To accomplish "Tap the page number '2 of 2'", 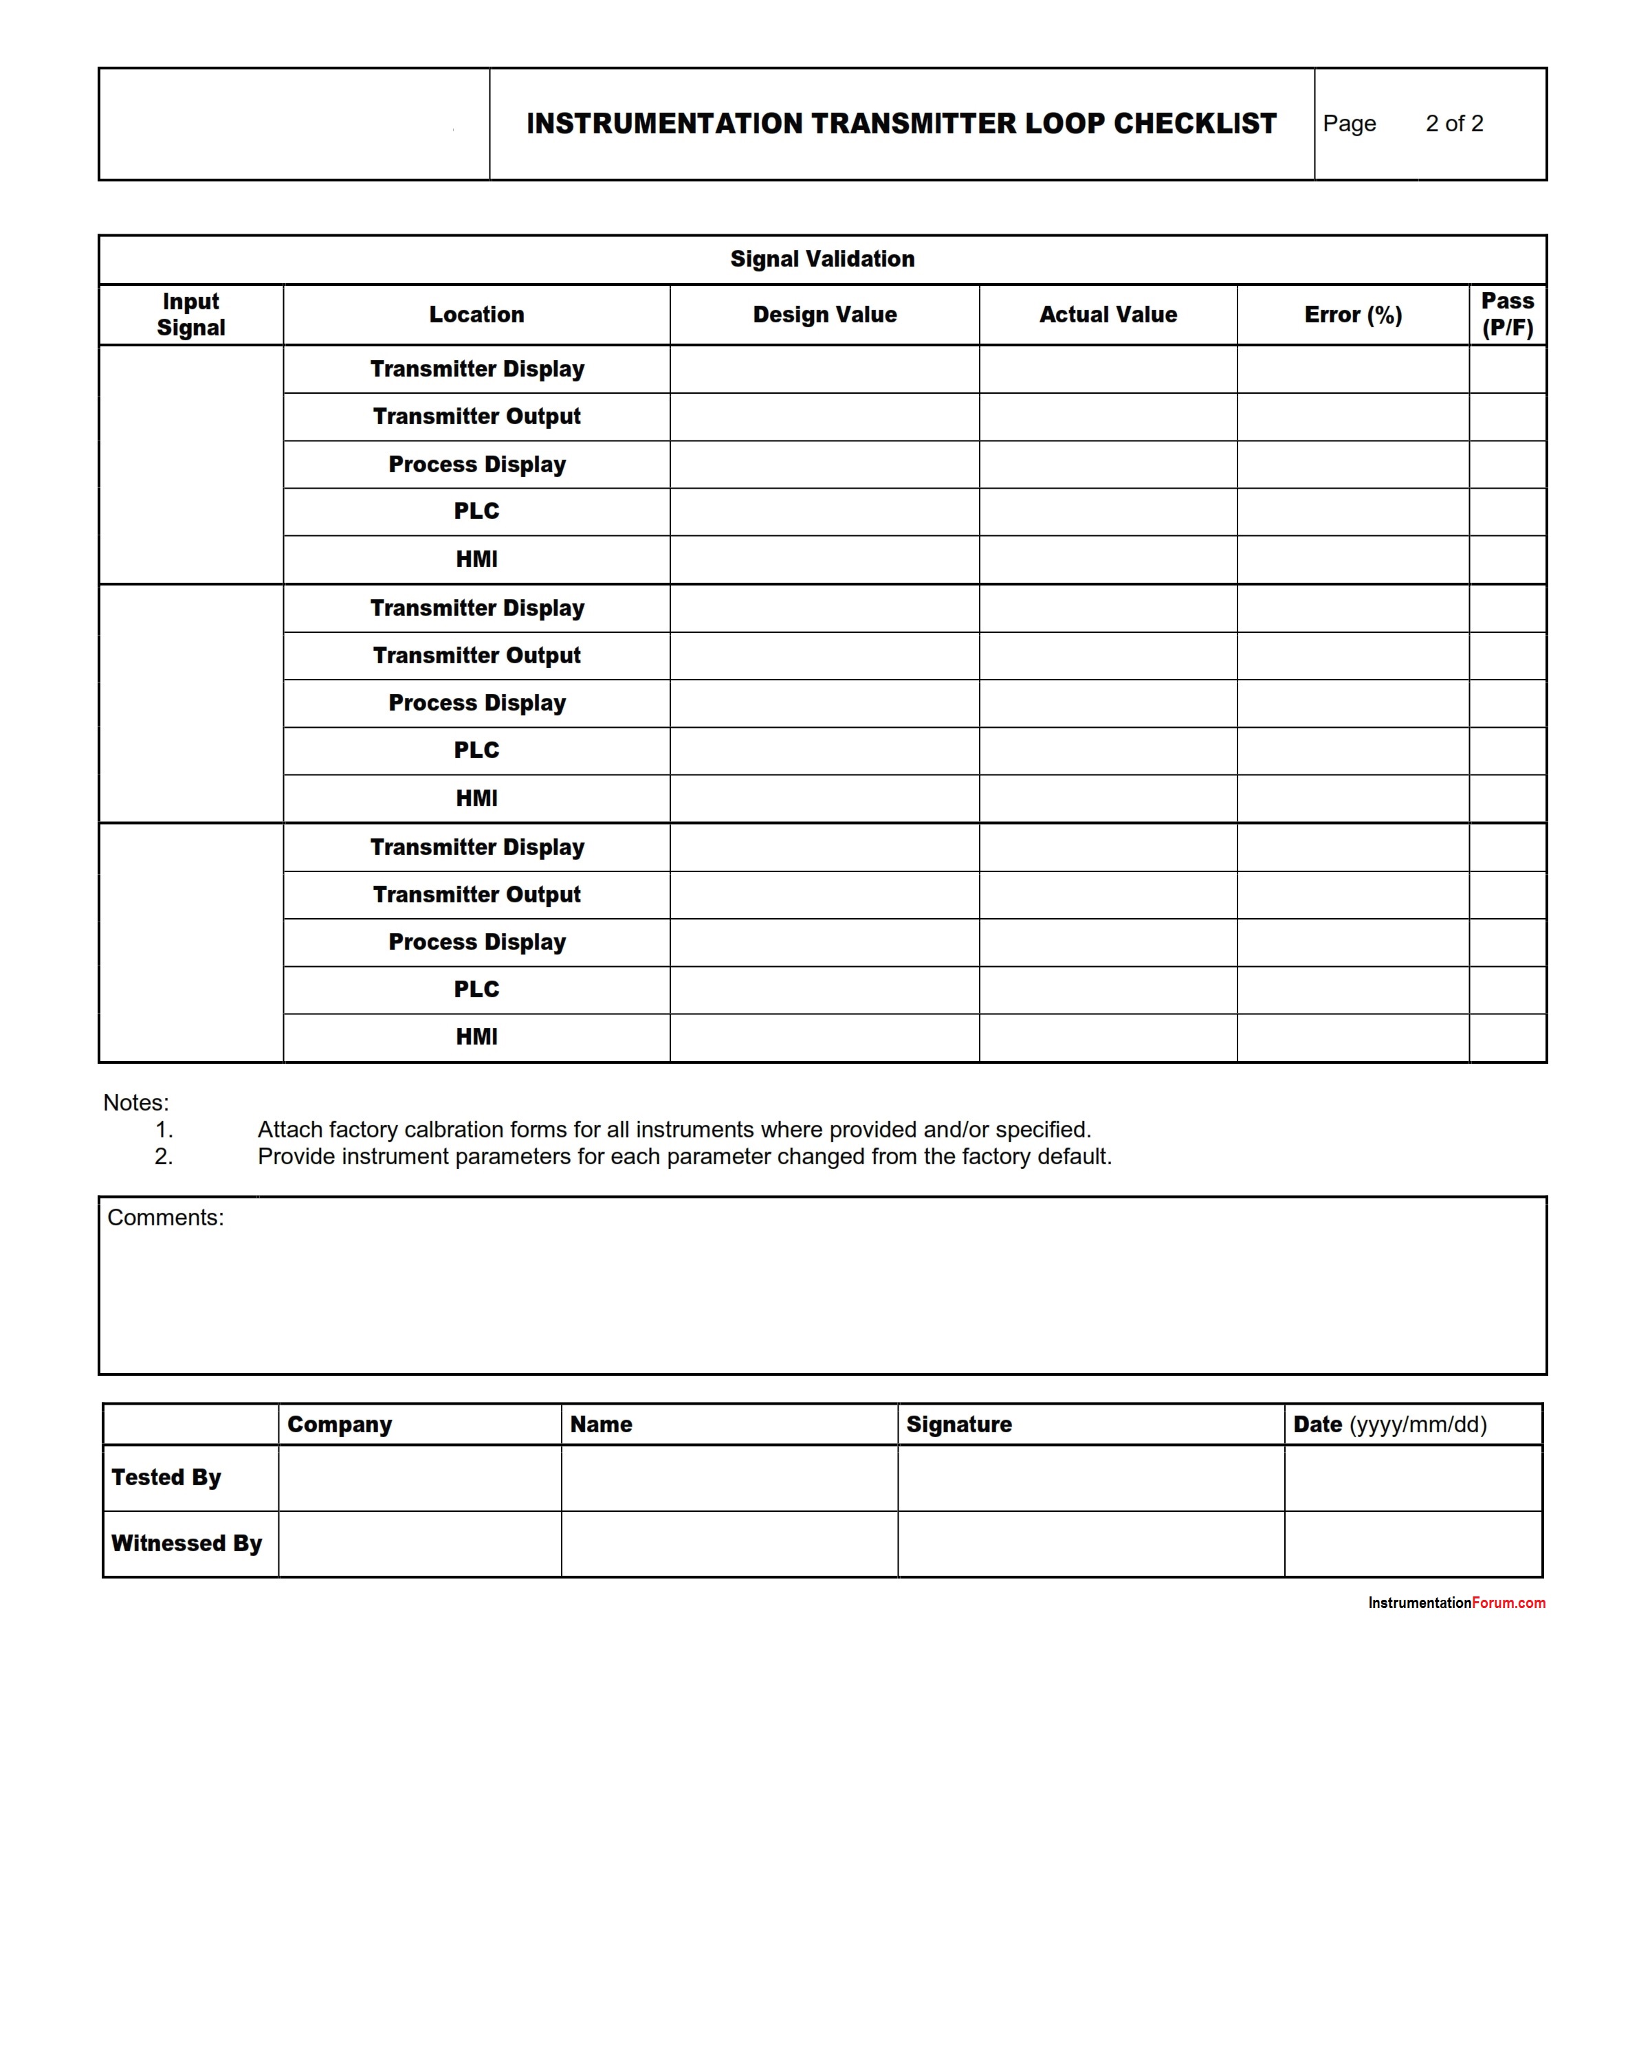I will [x=1454, y=124].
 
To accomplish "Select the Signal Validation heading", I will [x=822, y=258].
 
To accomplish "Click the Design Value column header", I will [x=824, y=315].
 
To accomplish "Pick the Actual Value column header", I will [x=1108, y=315].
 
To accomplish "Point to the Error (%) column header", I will [x=1352, y=315].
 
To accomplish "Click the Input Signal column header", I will [x=190, y=314].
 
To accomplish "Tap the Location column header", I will [x=476, y=315].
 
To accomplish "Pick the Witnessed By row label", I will [x=186, y=1543].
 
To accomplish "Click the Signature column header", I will [x=958, y=1424].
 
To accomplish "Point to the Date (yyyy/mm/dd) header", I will [x=1389, y=1424].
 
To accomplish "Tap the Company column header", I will [x=339, y=1424].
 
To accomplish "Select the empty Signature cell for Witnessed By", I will [x=1090, y=1543].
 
